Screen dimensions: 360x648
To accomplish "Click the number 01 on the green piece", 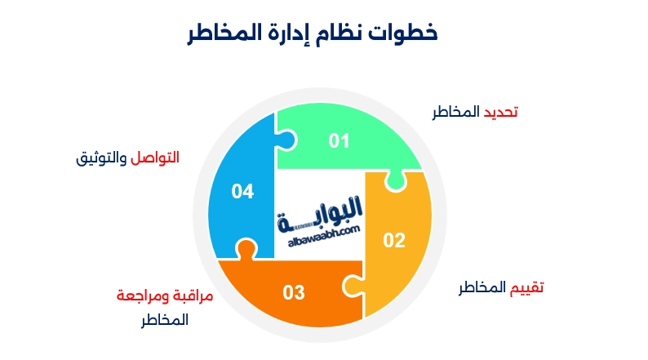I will pyautogui.click(x=339, y=141).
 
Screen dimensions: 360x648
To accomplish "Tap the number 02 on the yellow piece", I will pyautogui.click(x=394, y=240).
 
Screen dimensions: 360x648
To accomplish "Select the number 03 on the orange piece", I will pyautogui.click(x=294, y=291).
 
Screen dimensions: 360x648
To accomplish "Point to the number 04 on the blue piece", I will pyautogui.click(x=242, y=192).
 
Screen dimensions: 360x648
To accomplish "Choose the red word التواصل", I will pyautogui.click(x=155, y=157).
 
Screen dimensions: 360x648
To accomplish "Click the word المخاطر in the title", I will pyautogui.click(x=216, y=33).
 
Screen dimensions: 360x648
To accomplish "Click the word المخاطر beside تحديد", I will pyautogui.click(x=456, y=112).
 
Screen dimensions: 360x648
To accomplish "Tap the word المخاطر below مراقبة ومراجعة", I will pyautogui.click(x=163, y=320).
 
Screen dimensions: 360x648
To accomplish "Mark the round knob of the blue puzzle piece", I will pyautogui.click(x=244, y=249).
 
